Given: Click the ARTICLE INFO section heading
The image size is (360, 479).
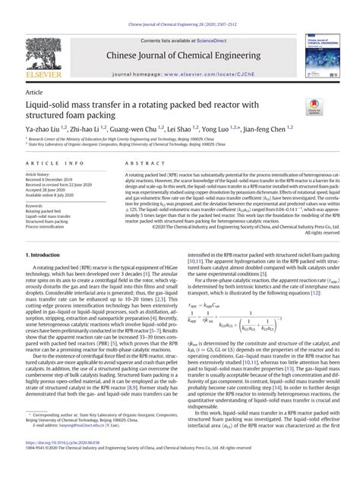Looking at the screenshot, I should tap(55, 163).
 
